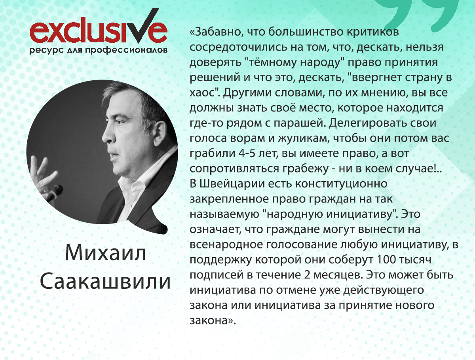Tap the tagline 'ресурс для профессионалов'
point(99,50)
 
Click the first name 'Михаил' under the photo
point(105,253)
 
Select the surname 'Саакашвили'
point(105,281)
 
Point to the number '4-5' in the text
point(249,153)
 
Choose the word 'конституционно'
point(341,184)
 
